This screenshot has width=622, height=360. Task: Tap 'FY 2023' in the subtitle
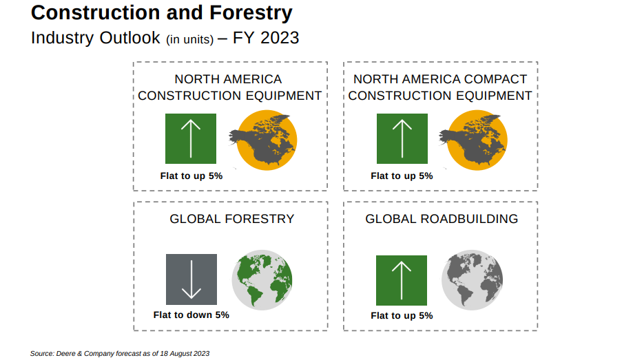[266, 38]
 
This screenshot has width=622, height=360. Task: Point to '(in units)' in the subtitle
[189, 40]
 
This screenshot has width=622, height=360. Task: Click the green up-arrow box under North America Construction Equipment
[191, 138]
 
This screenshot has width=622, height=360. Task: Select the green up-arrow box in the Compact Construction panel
[402, 138]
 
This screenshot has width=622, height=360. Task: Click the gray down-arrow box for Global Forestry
[191, 279]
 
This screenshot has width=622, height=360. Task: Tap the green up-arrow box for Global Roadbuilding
[402, 280]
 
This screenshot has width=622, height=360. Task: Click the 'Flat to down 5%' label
[191, 315]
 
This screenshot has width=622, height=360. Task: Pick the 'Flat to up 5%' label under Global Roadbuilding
[402, 315]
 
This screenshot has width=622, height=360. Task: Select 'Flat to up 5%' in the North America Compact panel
[402, 176]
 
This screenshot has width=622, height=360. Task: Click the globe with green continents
[262, 280]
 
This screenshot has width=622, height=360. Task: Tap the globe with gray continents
[472, 280]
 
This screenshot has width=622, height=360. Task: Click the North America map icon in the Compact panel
[473, 140]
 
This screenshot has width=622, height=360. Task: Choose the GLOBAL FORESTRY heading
[232, 219]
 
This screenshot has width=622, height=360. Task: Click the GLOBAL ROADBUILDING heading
[442, 219]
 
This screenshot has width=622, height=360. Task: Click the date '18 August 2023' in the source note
[185, 353]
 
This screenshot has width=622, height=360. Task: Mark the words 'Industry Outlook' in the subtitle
[96, 38]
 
